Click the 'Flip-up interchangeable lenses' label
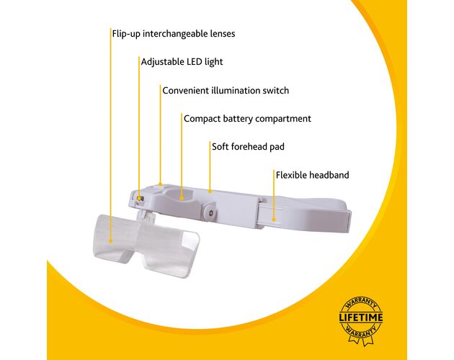[174, 34]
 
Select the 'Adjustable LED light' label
[182, 62]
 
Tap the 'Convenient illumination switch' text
[226, 91]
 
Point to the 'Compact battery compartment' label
[247, 119]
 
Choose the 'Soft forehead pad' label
[248, 147]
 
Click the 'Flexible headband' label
[313, 175]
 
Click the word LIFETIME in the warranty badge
[361, 318]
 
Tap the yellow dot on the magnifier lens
[110, 240]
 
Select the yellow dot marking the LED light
[139, 198]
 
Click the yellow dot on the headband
[274, 220]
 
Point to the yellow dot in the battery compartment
[182, 198]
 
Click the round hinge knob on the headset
[210, 212]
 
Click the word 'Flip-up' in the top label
[126, 34]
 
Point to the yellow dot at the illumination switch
[161, 184]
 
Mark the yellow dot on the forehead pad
[210, 191]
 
